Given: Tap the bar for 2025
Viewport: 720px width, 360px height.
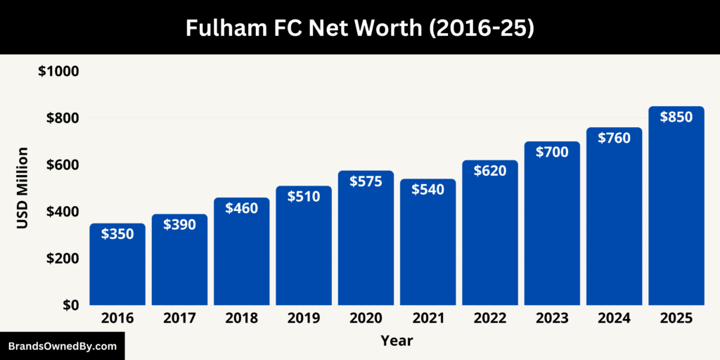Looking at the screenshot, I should click(x=676, y=211).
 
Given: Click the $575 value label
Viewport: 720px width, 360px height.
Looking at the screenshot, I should click(x=366, y=181).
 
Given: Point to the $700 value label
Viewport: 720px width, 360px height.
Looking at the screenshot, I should click(x=552, y=152).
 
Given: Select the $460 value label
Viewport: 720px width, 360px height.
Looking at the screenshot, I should click(x=241, y=208).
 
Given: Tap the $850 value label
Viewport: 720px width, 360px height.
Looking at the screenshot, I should click(x=676, y=117).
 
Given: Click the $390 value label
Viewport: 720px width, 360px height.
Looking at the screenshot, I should click(x=179, y=224).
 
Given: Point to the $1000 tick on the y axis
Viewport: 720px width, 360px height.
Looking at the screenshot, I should click(x=58, y=72).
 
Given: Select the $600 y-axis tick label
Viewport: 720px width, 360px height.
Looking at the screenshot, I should click(x=62, y=165).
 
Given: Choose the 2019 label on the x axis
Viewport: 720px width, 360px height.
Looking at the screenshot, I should click(x=304, y=319).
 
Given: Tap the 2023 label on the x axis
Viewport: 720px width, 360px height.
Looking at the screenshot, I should click(x=552, y=319).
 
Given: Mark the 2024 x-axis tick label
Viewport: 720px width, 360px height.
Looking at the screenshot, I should click(x=614, y=319).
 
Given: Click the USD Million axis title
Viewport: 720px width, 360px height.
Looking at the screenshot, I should click(x=22, y=188).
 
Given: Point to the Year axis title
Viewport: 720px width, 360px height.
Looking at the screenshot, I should click(x=397, y=341).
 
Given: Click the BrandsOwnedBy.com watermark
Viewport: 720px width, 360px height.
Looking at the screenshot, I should click(x=62, y=346).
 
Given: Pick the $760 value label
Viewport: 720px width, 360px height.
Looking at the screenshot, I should click(x=614, y=138).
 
